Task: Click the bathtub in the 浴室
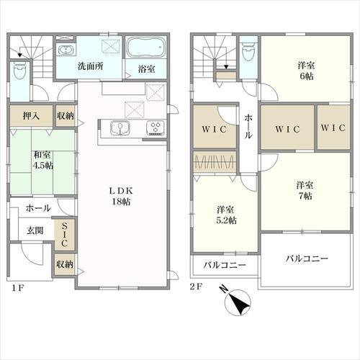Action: pyautogui.click(x=146, y=48)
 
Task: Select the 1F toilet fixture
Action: pyautogui.click(x=19, y=71)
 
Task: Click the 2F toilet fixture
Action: pyautogui.click(x=248, y=52)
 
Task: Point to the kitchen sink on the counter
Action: pyautogui.click(x=120, y=127)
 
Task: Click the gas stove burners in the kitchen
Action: pyautogui.click(x=156, y=127)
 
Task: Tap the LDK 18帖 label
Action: pyautogui.click(x=121, y=197)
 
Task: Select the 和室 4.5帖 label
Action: pyautogui.click(x=43, y=160)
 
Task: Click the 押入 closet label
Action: pyautogui.click(x=31, y=116)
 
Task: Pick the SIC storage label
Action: pyautogui.click(x=64, y=235)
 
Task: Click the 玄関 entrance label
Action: pyautogui.click(x=35, y=230)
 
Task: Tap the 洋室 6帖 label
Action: pyautogui.click(x=306, y=71)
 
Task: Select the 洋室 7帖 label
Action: pyautogui.click(x=305, y=191)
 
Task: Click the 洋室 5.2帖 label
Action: pyautogui.click(x=226, y=215)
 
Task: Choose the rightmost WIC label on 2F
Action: pyautogui.click(x=333, y=128)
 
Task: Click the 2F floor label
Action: pyautogui.click(x=196, y=287)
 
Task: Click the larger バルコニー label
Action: pyautogui.click(x=307, y=258)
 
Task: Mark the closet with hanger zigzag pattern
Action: pyautogui.click(x=215, y=161)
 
